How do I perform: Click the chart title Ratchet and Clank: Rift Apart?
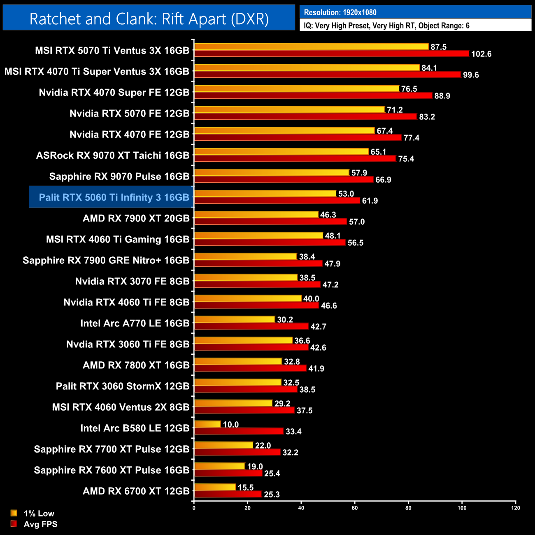(149, 19)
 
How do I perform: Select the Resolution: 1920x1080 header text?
(340, 12)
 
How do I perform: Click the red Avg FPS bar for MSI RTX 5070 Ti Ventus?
(331, 53)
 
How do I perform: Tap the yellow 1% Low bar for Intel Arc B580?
(207, 424)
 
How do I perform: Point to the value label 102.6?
(481, 54)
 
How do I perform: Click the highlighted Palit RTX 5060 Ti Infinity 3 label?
(114, 198)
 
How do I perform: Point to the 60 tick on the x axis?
(355, 508)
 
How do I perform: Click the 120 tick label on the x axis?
(515, 508)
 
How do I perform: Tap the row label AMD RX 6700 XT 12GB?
(136, 491)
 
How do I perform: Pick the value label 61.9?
(370, 201)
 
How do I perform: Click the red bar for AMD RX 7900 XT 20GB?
(270, 221)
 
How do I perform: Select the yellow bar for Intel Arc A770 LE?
(235, 319)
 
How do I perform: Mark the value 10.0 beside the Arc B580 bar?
(230, 425)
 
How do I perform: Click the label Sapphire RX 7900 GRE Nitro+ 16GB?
(106, 261)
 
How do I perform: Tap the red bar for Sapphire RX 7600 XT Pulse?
(228, 473)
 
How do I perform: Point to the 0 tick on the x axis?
(194, 508)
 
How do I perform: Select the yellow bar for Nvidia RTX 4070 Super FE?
(296, 88)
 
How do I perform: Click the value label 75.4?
(406, 159)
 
